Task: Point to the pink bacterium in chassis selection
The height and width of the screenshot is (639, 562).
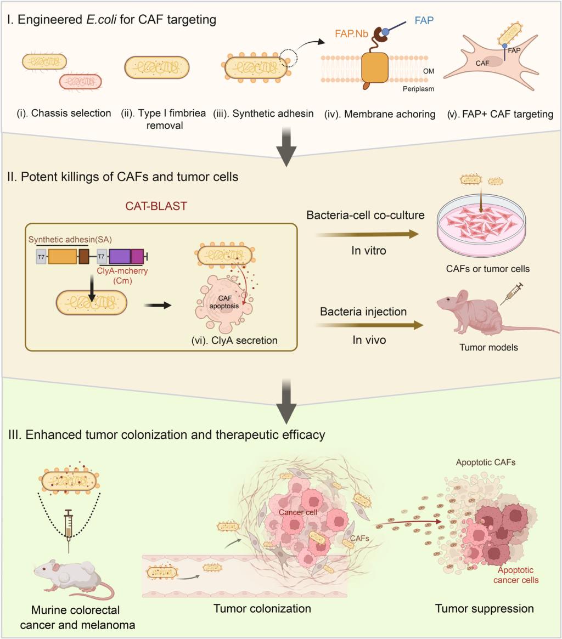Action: point(80,82)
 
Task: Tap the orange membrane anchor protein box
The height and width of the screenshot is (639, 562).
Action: point(374,68)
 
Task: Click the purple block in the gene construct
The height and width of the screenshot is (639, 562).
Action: point(120,257)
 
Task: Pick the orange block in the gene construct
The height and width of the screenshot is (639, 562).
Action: point(62,257)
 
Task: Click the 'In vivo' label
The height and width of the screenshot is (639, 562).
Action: point(369,340)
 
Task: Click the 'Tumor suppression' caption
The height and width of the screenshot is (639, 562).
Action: point(484,608)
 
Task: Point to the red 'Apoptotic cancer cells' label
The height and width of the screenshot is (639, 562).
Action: point(515,575)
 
